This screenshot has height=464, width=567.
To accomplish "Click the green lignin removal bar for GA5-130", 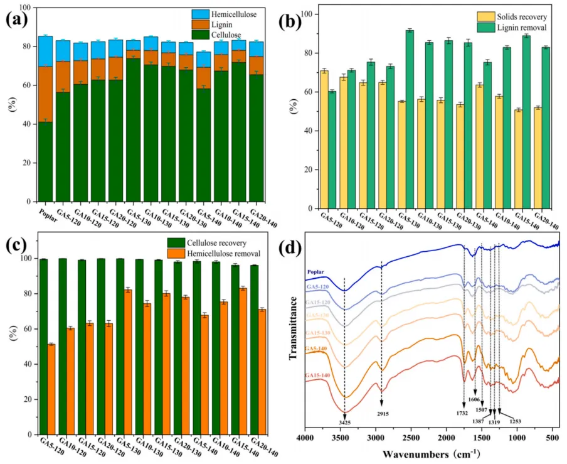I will click(410, 119).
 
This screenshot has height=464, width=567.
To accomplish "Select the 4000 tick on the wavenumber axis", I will click(305, 436).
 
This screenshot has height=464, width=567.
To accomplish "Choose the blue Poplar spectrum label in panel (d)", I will click(319, 272).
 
